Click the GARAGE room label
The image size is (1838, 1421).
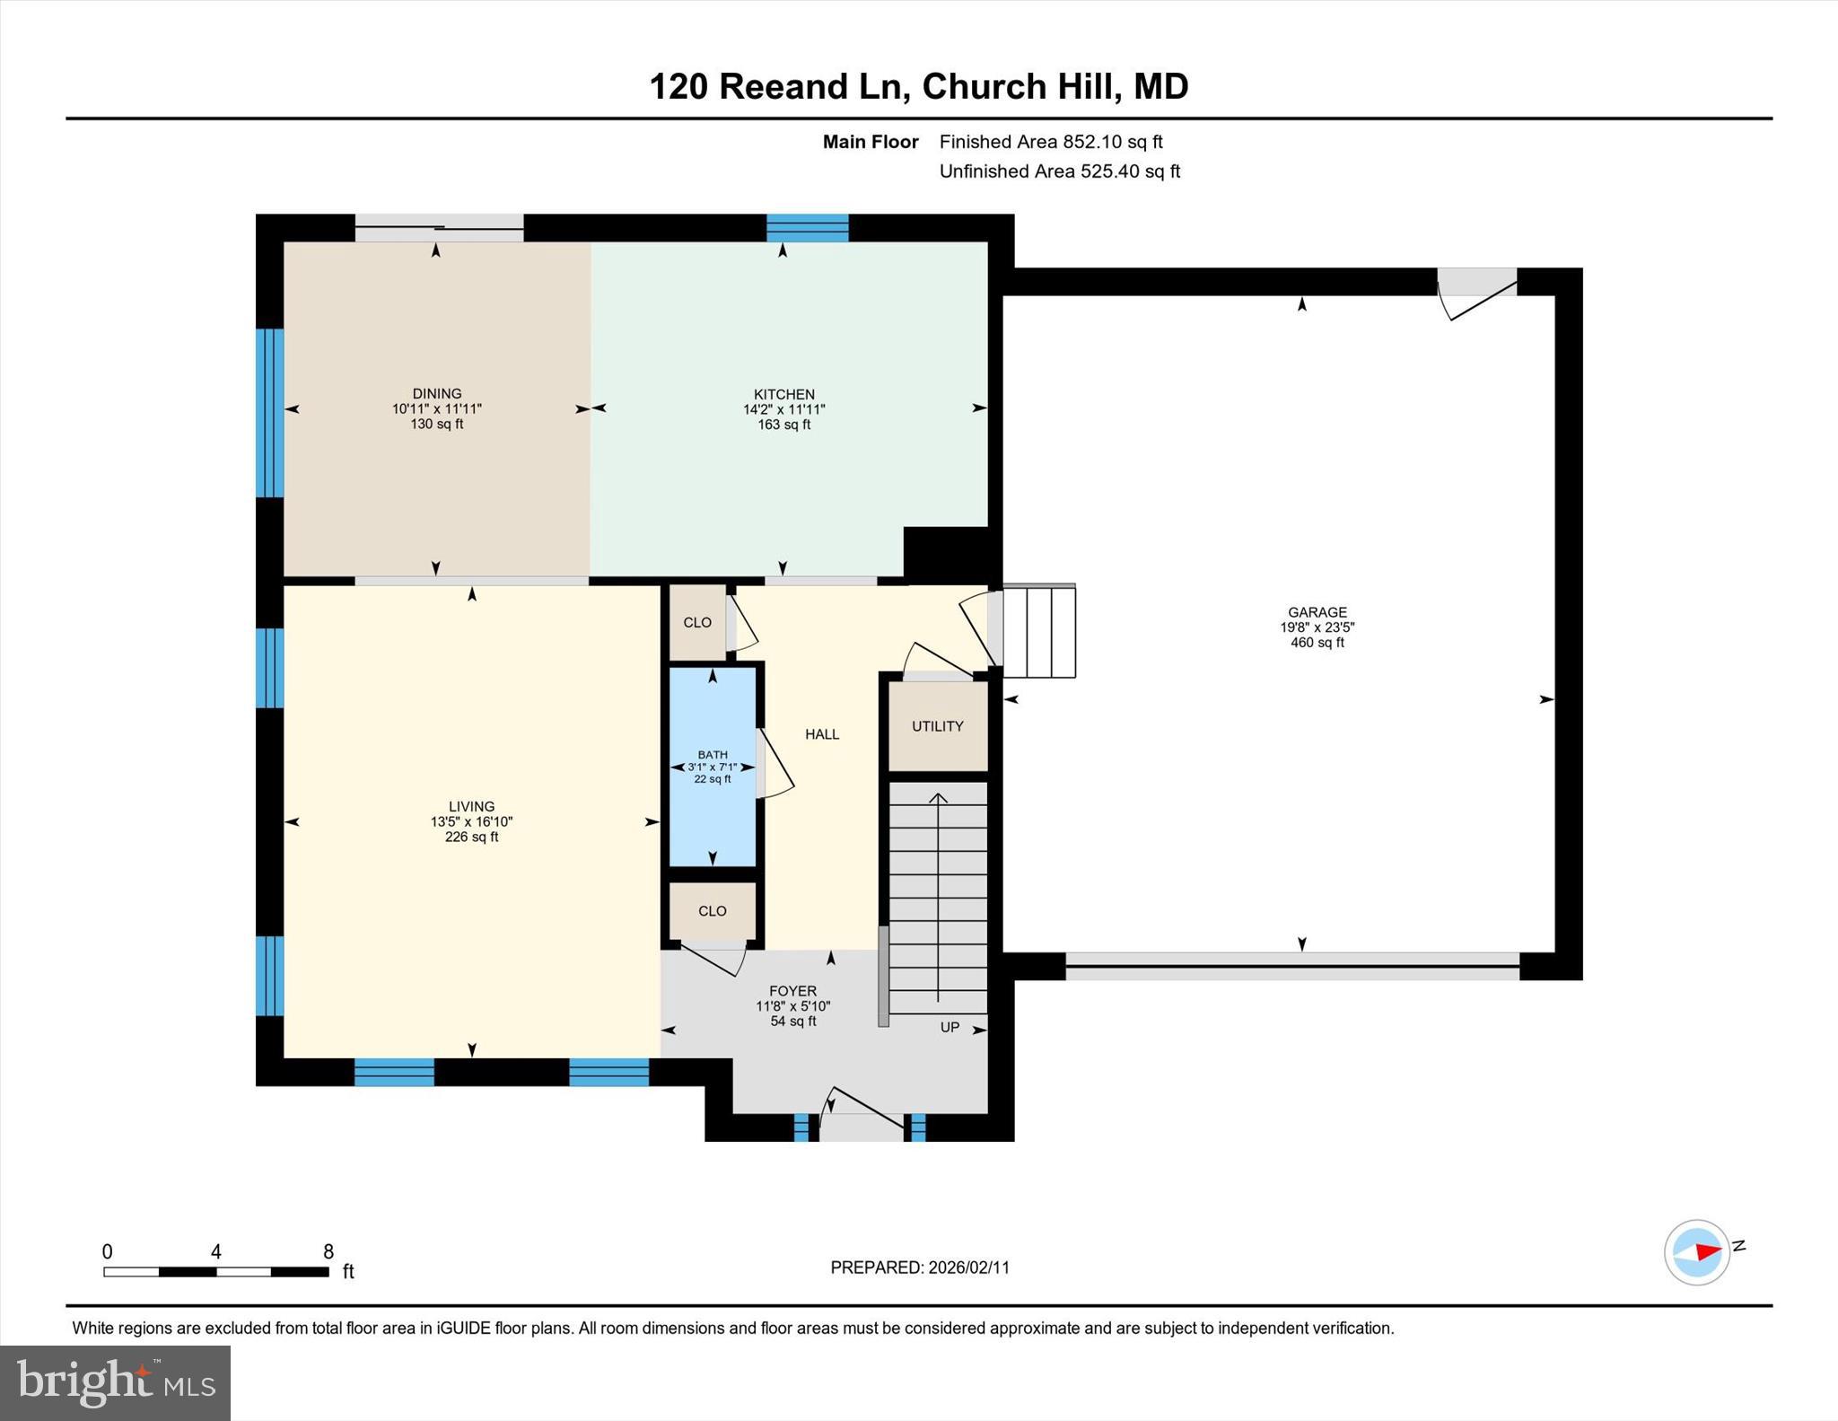click(1317, 612)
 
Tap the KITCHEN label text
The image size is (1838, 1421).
click(783, 394)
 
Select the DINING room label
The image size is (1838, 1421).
click(437, 393)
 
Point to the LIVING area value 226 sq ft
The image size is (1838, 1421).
click(471, 837)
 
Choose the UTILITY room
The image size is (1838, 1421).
click(938, 726)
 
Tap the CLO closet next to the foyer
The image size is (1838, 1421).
click(713, 910)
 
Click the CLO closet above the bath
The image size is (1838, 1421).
click(697, 622)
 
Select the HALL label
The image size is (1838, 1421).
click(822, 734)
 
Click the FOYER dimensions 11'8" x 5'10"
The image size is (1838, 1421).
click(792, 1006)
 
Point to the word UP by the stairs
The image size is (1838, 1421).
click(950, 1027)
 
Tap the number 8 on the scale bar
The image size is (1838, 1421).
click(328, 1251)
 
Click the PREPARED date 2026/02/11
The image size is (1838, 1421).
click(968, 1267)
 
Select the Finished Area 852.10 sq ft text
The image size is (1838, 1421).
click(1050, 142)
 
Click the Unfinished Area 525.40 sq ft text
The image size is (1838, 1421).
click(1059, 171)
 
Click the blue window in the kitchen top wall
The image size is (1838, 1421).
click(807, 228)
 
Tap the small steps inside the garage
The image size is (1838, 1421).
click(1039, 631)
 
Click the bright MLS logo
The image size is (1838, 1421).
click(115, 1382)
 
